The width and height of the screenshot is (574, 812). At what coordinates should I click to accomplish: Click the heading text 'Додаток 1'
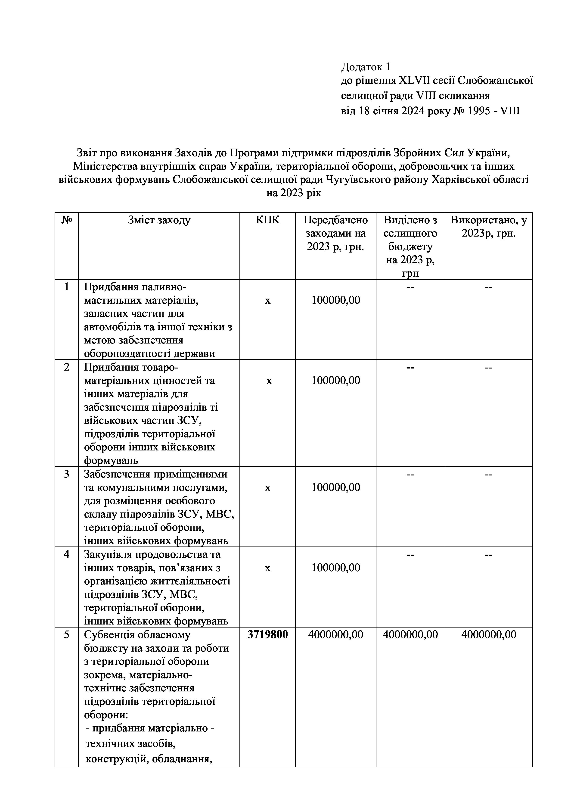pos(366,66)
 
